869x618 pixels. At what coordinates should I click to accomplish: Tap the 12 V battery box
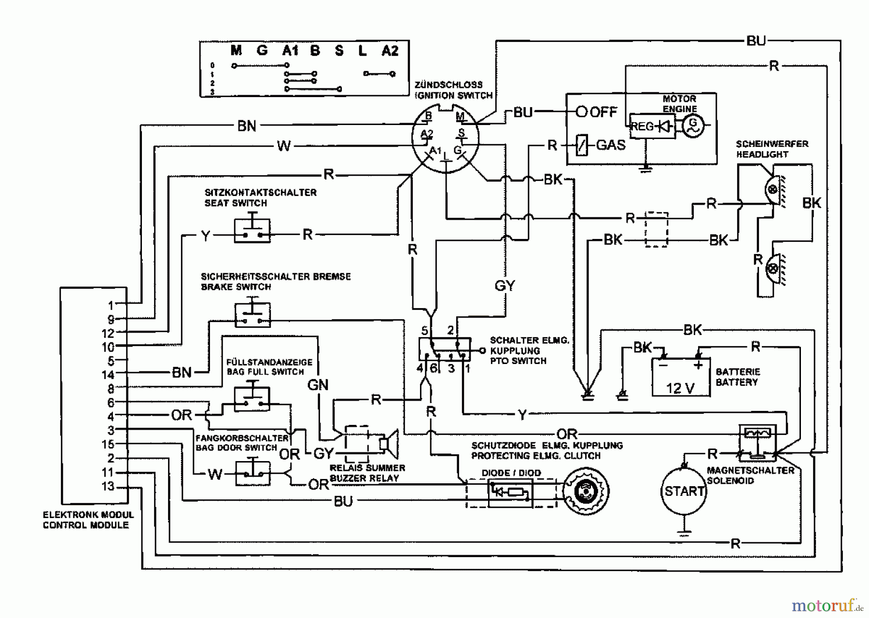[681, 378]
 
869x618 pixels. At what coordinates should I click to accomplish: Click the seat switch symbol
[252, 231]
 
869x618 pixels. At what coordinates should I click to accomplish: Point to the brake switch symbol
[252, 315]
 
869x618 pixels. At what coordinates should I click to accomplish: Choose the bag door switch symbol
[252, 472]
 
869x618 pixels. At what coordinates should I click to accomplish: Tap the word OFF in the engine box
[603, 112]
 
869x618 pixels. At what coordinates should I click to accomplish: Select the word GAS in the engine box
[611, 145]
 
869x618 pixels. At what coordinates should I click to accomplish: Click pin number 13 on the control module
[108, 486]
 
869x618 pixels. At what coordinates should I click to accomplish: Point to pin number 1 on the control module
[111, 306]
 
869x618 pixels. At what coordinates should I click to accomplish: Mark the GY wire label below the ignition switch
[505, 286]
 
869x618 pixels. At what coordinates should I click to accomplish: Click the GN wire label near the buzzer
[318, 385]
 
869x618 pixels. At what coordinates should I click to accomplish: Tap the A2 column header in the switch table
[390, 51]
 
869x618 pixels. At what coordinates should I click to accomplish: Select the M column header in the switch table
[236, 50]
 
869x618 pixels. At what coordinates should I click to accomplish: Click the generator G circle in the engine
[694, 126]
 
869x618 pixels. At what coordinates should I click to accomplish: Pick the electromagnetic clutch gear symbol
[586, 491]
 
